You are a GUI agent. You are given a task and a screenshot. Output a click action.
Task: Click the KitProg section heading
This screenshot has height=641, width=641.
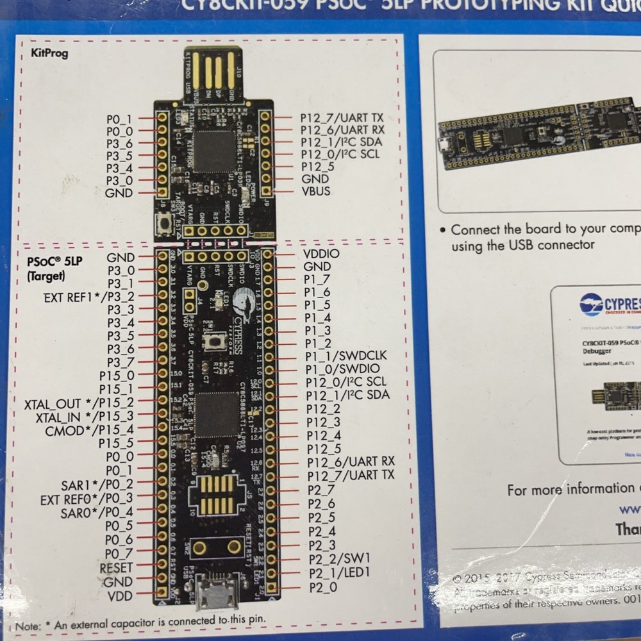49,53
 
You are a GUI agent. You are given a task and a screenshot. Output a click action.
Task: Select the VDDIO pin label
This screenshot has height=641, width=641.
321,253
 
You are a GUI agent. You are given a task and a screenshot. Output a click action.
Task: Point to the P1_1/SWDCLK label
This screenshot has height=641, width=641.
346,356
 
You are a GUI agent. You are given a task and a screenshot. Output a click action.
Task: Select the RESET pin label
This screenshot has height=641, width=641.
116,568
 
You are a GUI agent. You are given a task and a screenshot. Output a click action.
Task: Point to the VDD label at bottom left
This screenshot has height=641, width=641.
121,596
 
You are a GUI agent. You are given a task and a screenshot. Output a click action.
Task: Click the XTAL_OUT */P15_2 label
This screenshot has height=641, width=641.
79,404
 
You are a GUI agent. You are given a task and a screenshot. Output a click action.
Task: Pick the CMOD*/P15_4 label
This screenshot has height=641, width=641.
89,430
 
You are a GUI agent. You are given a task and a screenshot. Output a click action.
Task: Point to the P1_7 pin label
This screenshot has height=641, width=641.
317,279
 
